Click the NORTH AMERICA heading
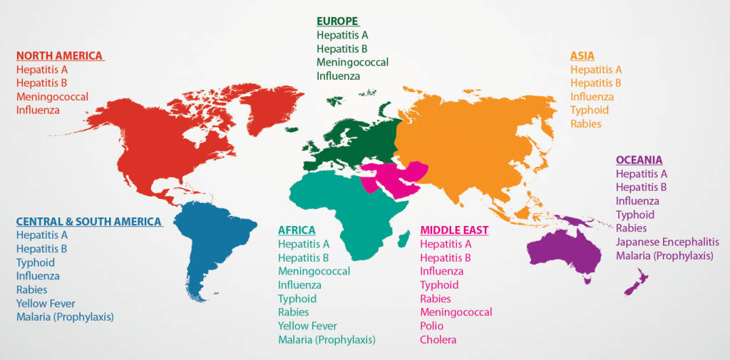point(60,56)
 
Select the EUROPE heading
point(338,21)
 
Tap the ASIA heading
point(582,56)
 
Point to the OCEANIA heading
point(639,160)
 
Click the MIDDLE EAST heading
point(454,230)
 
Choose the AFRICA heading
point(297,230)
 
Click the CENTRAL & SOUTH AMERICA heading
point(88,222)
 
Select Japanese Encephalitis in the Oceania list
point(667,242)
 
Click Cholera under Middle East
point(438,339)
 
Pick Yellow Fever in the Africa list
point(307,326)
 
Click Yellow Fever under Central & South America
point(46,303)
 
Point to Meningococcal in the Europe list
point(353,62)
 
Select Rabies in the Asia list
point(586,123)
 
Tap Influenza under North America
point(38,110)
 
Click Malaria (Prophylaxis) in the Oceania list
point(664,256)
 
